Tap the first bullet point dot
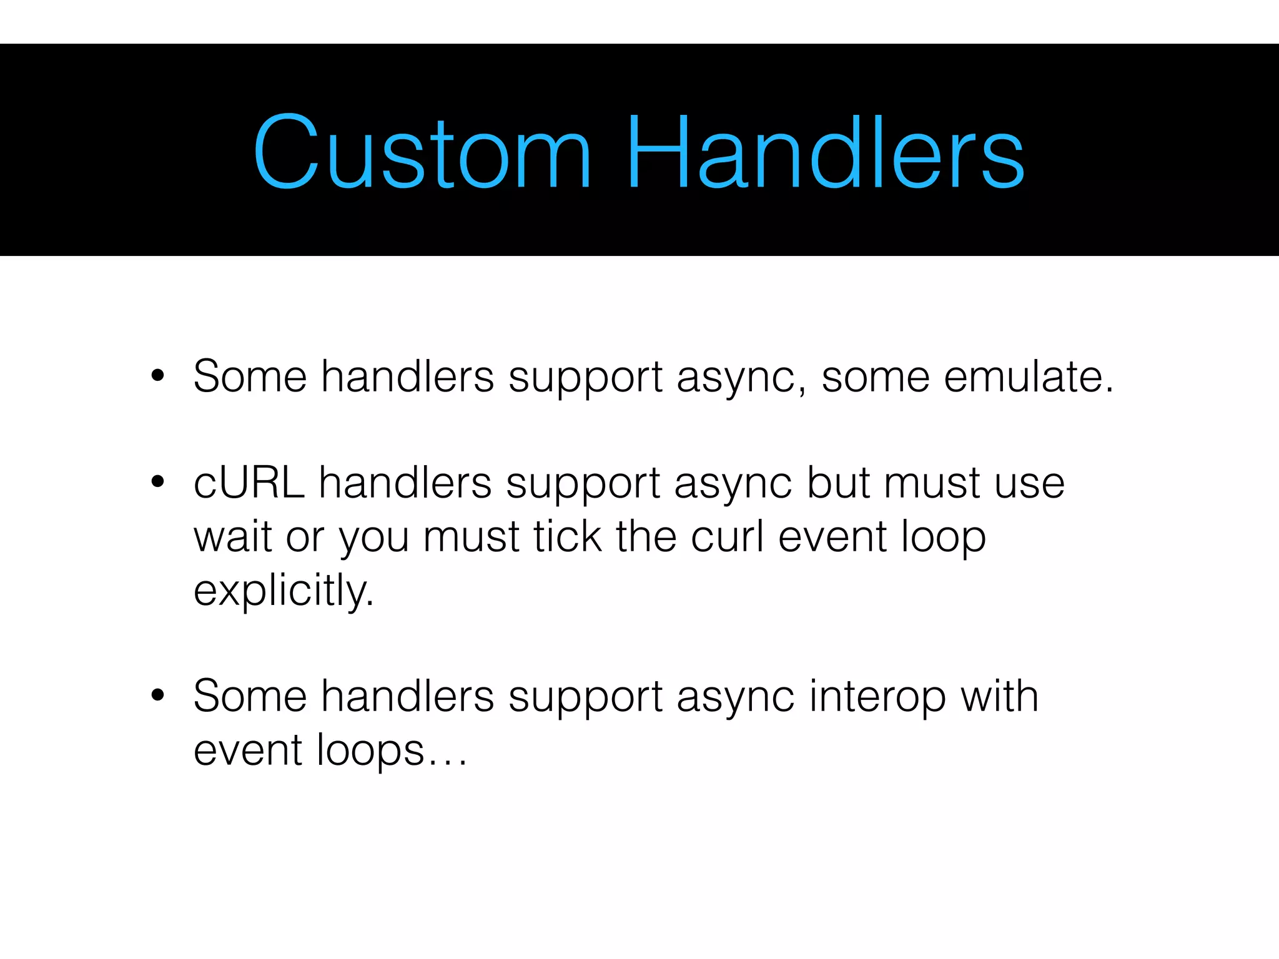coord(157,376)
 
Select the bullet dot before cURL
coord(157,482)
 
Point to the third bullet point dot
coord(157,695)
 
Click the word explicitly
coord(284,591)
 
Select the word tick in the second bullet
coord(568,536)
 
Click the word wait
coord(232,537)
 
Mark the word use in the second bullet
coord(1030,484)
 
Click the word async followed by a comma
coord(740,378)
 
